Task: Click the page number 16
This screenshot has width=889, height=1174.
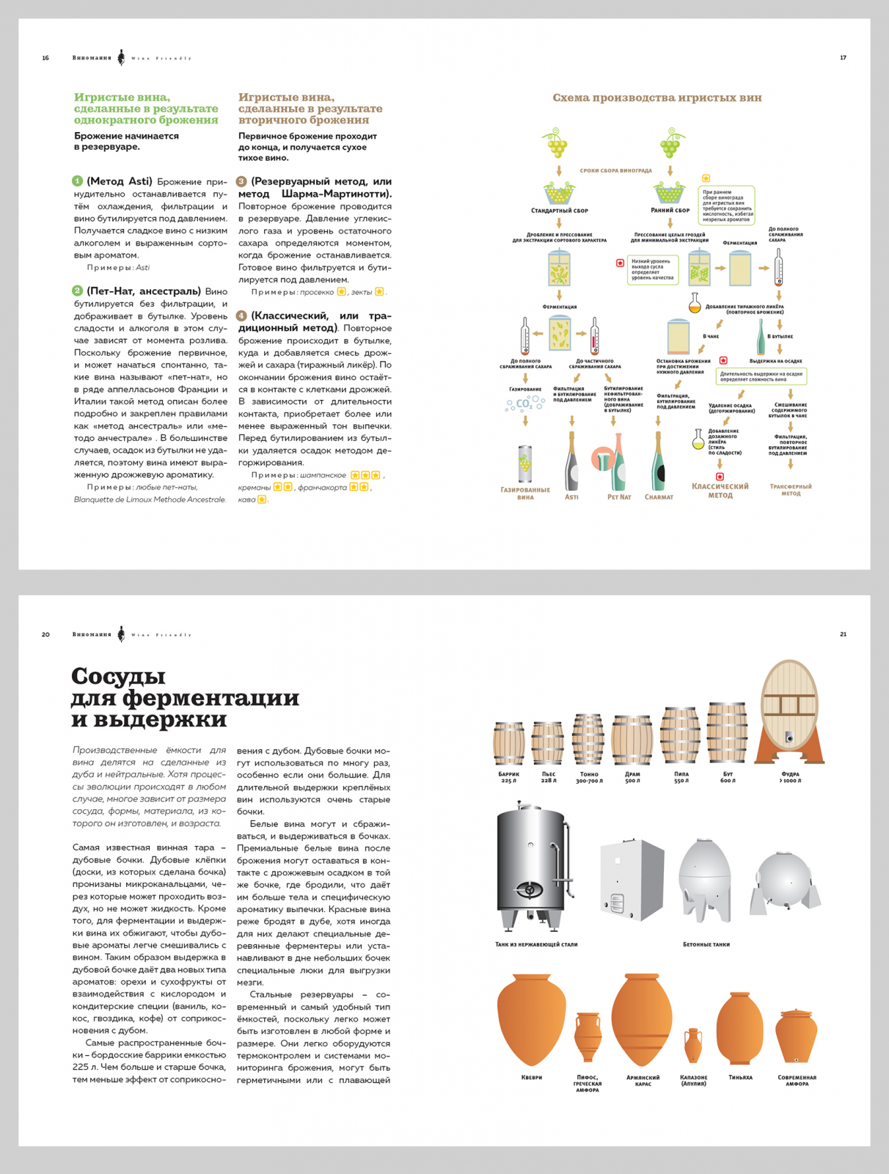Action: click(45, 58)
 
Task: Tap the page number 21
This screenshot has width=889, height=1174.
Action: click(843, 635)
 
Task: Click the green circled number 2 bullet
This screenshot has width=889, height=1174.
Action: click(78, 291)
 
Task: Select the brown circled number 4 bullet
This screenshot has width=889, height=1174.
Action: click(241, 316)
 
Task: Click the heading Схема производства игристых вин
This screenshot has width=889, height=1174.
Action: click(656, 98)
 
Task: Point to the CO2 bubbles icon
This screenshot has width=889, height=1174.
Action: click(525, 404)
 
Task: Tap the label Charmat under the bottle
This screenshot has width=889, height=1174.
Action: click(659, 497)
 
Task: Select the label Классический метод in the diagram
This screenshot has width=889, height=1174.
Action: click(720, 491)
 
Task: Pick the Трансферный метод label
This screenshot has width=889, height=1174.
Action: click(790, 490)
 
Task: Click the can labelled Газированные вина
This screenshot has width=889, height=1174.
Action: click(525, 465)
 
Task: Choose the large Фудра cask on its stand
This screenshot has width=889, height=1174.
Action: click(790, 711)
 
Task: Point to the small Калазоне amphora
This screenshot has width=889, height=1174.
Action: click(693, 1045)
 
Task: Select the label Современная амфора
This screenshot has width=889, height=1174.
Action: click(797, 1081)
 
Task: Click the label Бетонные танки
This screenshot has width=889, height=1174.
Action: click(706, 944)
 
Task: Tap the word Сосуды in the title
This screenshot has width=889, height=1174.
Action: click(118, 676)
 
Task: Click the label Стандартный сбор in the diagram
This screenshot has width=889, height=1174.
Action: click(560, 211)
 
